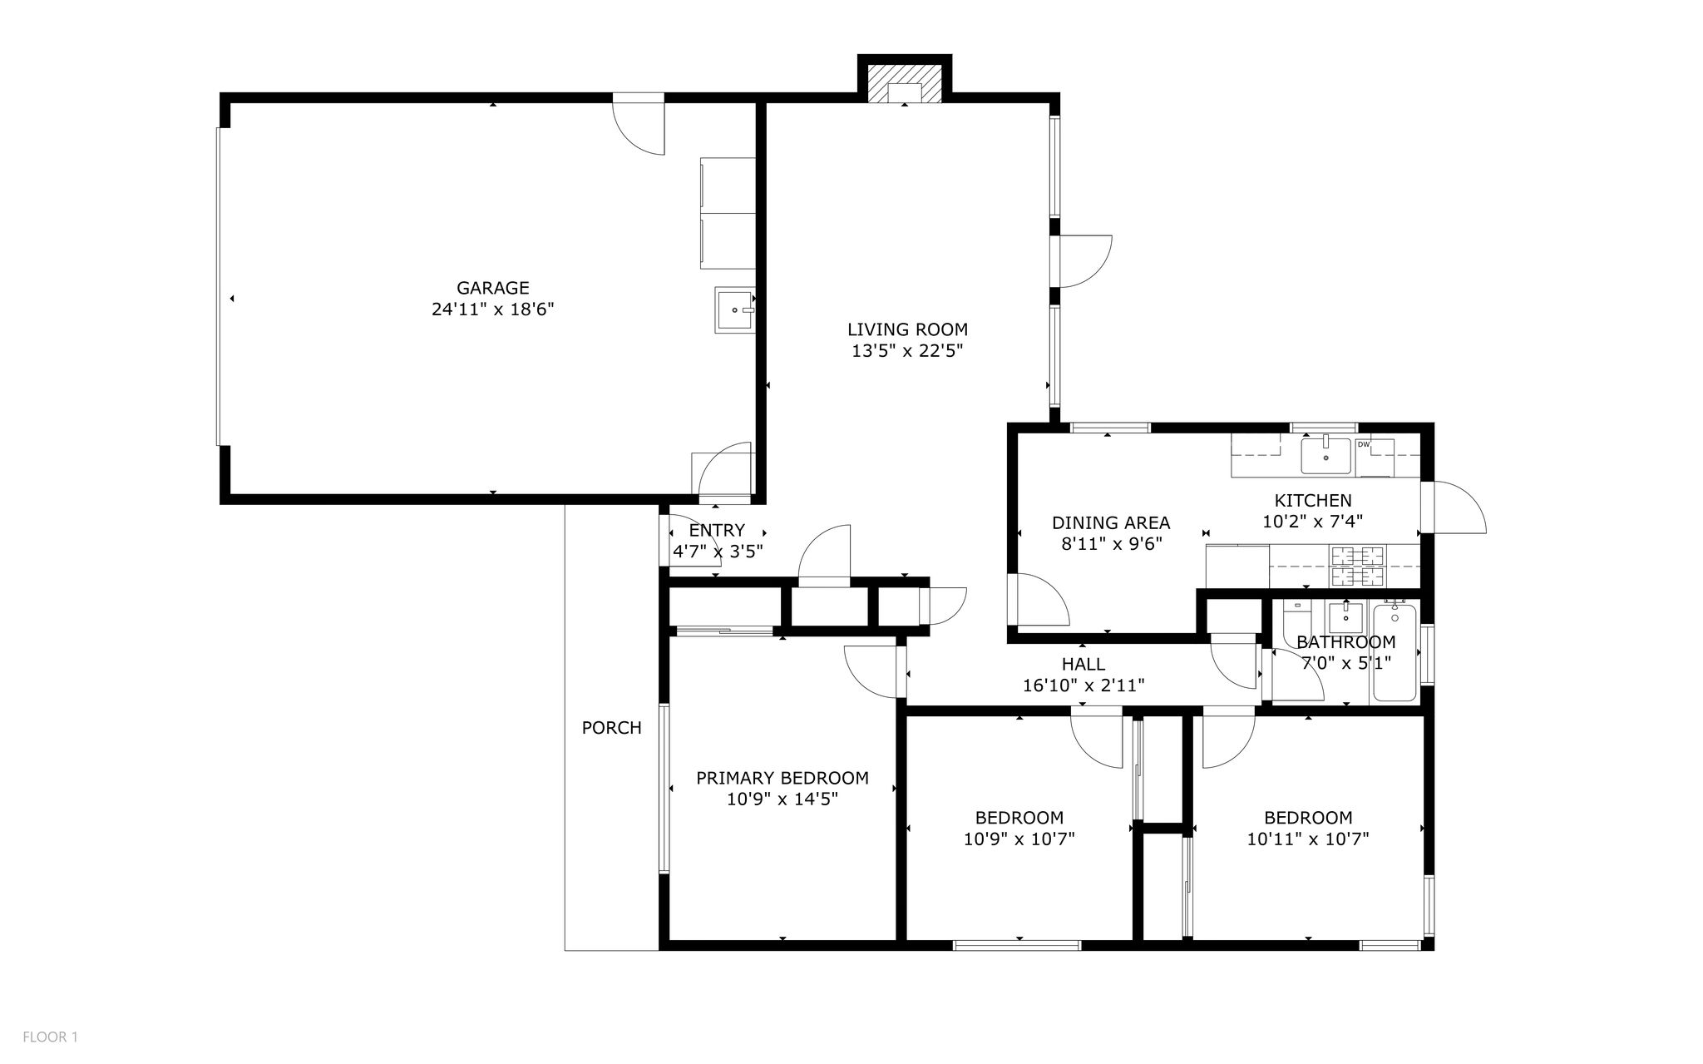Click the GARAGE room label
492,288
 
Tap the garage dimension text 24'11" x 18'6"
492,309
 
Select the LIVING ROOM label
907,329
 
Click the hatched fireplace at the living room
905,83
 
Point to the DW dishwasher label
1364,445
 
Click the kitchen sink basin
1325,456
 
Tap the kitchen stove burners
1359,567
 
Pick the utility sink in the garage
735,310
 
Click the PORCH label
611,728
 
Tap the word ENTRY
717,531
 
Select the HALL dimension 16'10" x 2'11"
1084,685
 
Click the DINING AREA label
1111,523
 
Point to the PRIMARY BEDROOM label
782,779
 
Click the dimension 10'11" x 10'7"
1308,839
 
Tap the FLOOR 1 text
50,1037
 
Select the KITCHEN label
1313,501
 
